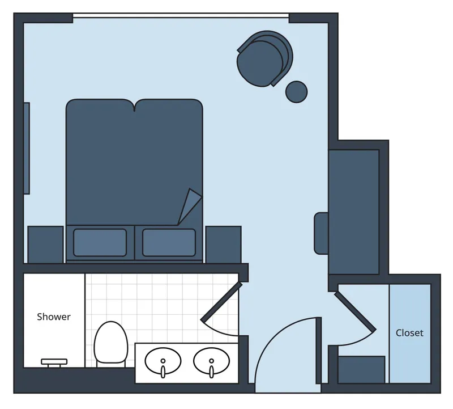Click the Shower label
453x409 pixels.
(x=54, y=317)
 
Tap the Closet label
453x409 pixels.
(x=409, y=333)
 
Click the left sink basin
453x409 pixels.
(x=163, y=361)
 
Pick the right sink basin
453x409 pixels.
(x=212, y=361)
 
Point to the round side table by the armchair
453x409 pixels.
(x=296, y=91)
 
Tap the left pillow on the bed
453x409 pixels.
(x=100, y=243)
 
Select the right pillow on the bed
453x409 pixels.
(x=169, y=243)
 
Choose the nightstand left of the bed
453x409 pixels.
(x=45, y=244)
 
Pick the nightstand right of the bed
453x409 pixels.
(x=223, y=244)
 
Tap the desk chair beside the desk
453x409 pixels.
(x=321, y=233)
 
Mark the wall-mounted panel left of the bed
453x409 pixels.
(x=27, y=148)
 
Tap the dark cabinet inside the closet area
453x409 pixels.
(x=361, y=369)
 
